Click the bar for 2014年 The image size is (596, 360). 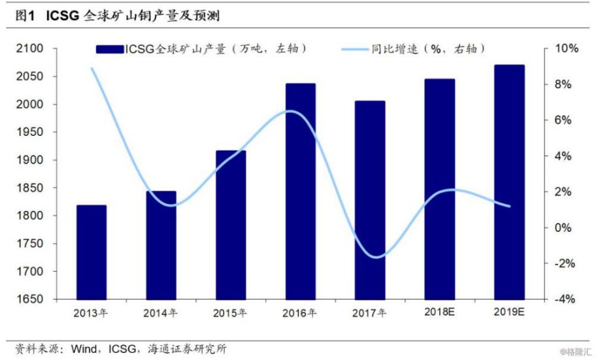click(x=161, y=245)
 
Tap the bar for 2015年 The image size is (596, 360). click(x=231, y=225)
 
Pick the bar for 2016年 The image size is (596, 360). click(x=300, y=191)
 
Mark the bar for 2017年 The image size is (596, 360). click(x=370, y=200)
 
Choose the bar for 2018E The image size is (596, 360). click(x=439, y=189)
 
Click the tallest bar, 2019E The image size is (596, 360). click(x=509, y=182)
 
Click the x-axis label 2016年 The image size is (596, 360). click(x=300, y=312)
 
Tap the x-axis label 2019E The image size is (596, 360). click(x=509, y=312)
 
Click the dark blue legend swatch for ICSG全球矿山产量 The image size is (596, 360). click(x=109, y=49)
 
